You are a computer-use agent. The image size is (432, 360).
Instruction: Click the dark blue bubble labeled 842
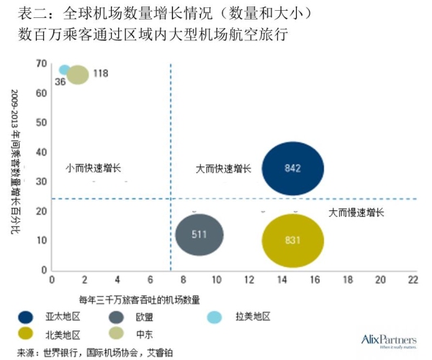292,168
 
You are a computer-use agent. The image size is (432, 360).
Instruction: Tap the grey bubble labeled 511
199,234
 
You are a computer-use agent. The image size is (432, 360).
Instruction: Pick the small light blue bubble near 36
65,70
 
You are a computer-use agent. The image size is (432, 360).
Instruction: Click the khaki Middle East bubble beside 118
77,74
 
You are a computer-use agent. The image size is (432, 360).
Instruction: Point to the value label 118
101,73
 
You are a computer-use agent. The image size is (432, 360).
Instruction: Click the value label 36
60,82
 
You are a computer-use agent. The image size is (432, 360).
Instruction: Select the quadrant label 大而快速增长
223,168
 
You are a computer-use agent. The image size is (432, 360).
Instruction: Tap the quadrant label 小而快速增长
93,168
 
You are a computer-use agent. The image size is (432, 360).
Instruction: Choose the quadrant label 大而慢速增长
356,212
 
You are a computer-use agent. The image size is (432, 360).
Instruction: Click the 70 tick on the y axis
41,64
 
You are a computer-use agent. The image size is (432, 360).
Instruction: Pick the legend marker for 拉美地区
215,316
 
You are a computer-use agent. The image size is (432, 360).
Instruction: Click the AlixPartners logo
388,339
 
